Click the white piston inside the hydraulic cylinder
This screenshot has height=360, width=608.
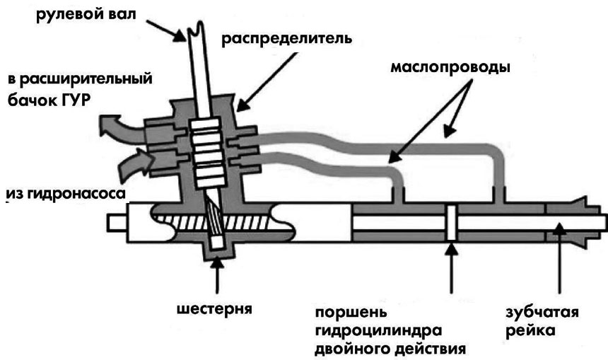[x=450, y=221]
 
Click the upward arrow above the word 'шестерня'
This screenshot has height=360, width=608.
[x=216, y=276]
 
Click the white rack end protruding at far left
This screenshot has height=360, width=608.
[x=117, y=221]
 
